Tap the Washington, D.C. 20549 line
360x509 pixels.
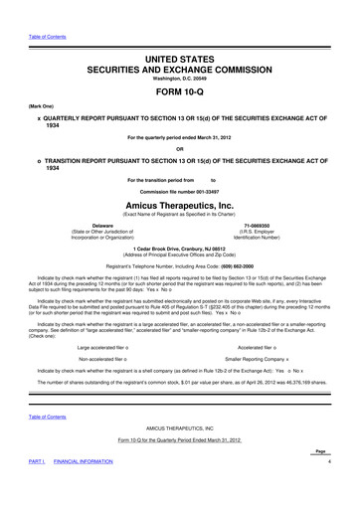(x=180, y=68)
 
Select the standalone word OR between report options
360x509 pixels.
(x=180, y=148)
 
